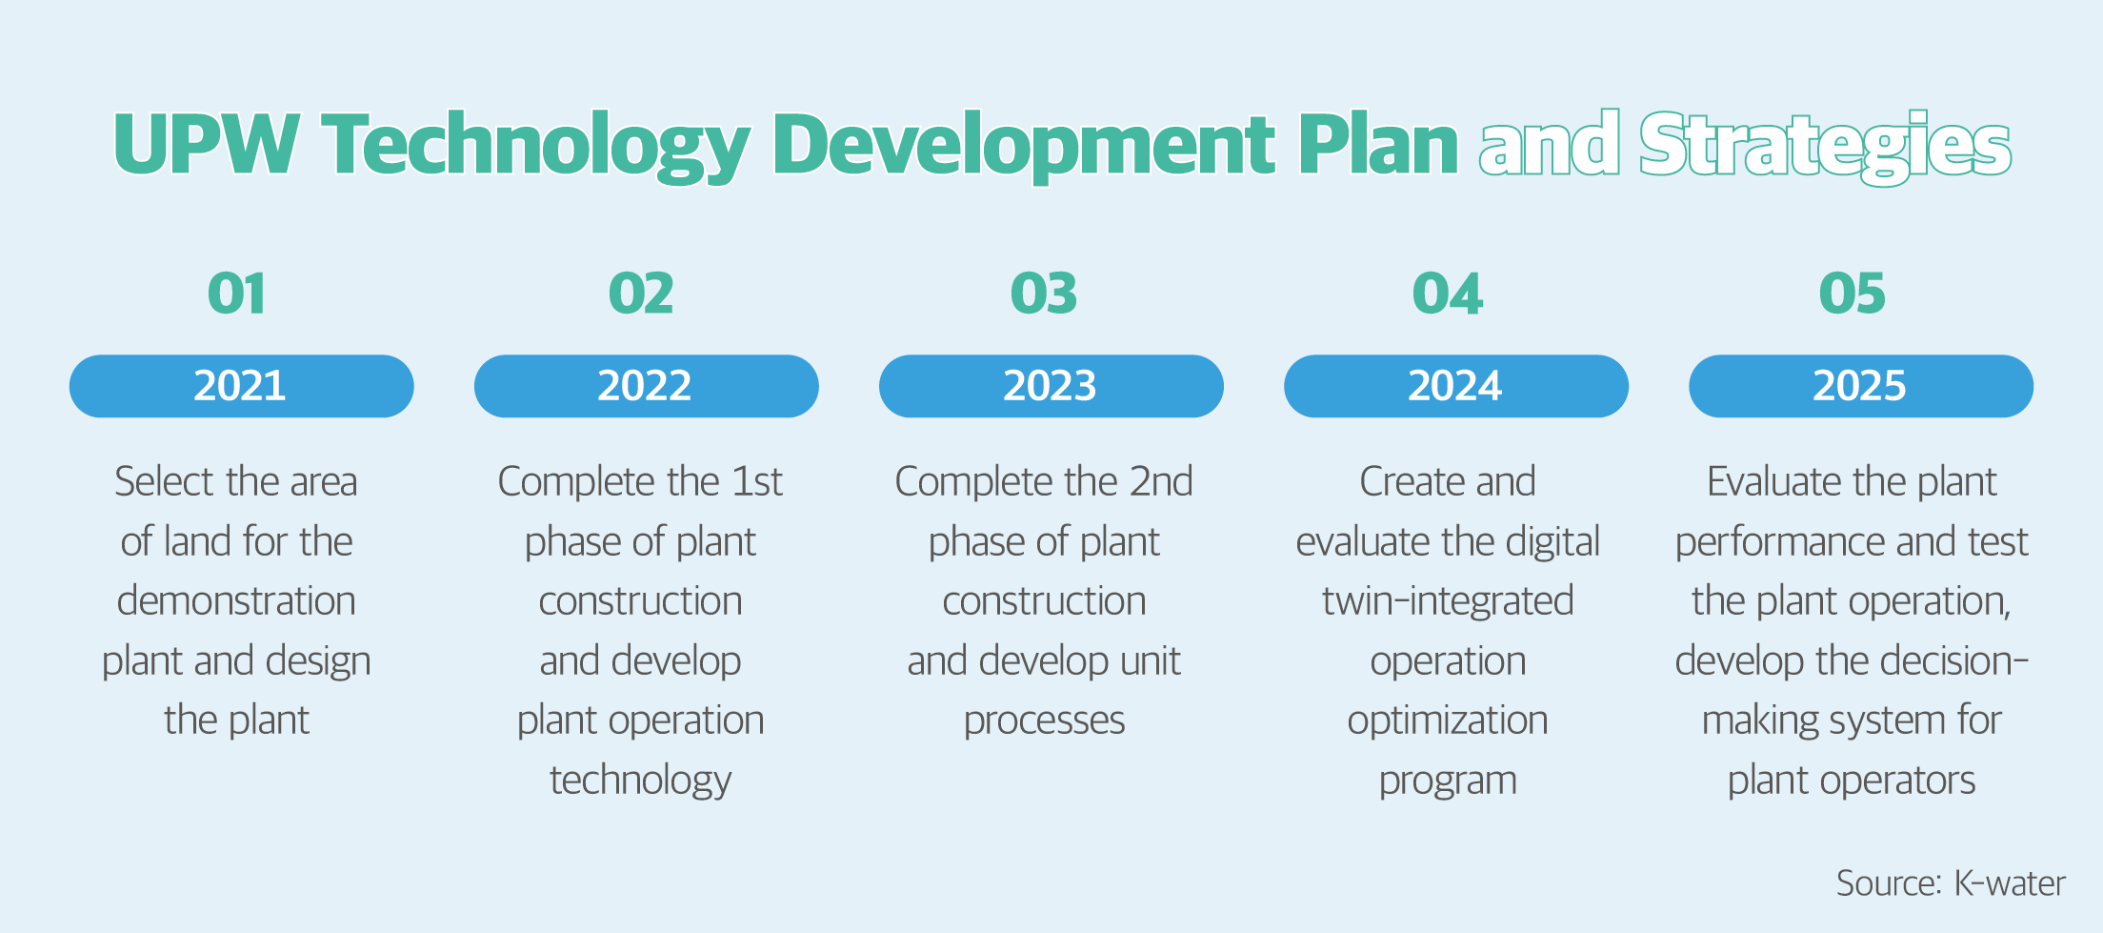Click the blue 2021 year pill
click(241, 386)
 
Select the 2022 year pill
click(646, 386)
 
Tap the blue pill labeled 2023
click(1051, 386)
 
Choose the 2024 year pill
click(1455, 386)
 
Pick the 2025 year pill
click(1860, 386)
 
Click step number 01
click(237, 294)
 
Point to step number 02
click(641, 294)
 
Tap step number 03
click(1044, 294)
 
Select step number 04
click(1448, 294)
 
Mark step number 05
click(1852, 294)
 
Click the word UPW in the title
click(207, 144)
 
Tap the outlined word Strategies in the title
click(1825, 146)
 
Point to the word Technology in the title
click(536, 146)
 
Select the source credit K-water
click(2009, 883)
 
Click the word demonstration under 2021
click(236, 601)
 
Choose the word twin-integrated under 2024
click(1448, 601)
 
